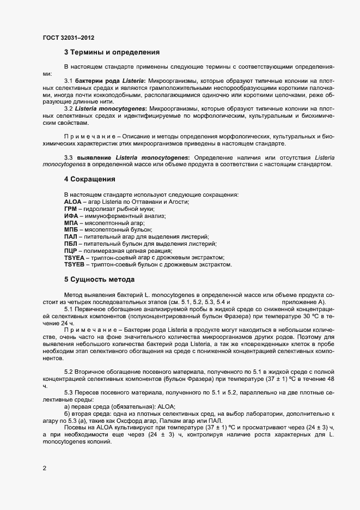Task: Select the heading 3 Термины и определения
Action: pyautogui.click(x=112, y=53)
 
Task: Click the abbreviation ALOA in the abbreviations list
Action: pyautogui.click(x=73, y=202)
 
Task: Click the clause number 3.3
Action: pyautogui.click(x=69, y=157)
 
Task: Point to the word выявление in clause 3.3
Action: pyautogui.click(x=92, y=157)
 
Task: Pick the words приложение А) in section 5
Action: pyautogui.click(x=303, y=301)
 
